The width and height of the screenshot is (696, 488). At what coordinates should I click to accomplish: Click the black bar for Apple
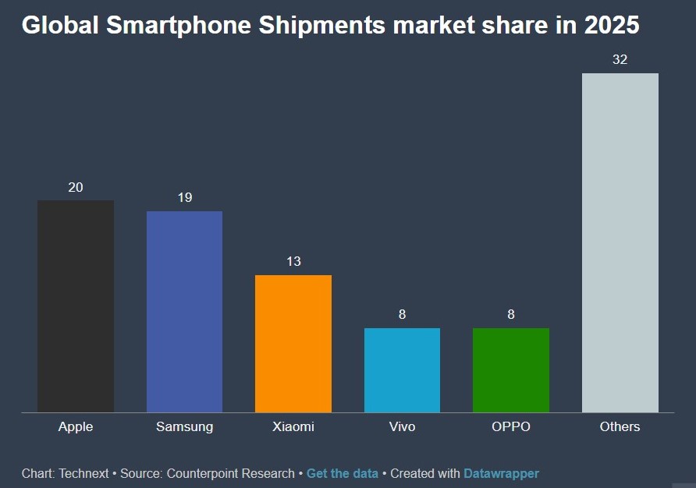(76, 306)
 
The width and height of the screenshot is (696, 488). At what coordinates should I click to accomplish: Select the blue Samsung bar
(184, 312)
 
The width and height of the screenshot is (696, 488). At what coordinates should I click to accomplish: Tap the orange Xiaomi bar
(293, 344)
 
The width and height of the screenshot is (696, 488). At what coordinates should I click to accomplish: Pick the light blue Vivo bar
(402, 370)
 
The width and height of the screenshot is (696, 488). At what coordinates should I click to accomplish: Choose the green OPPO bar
(511, 370)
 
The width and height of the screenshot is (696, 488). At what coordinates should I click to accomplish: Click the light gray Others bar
(620, 242)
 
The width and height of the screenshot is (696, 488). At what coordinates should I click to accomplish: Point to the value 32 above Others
(620, 59)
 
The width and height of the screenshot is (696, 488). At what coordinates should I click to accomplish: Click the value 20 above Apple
(76, 187)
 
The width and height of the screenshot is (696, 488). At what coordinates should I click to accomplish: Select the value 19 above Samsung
(184, 198)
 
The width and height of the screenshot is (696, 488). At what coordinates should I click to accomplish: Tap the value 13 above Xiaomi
(293, 261)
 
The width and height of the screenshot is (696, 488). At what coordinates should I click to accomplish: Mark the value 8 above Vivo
(402, 315)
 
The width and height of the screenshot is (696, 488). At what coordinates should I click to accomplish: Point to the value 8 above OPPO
(511, 315)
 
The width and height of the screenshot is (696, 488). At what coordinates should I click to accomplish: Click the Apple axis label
(76, 426)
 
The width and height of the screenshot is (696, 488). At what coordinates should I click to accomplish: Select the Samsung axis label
(184, 426)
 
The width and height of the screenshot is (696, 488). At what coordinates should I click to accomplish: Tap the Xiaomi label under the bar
(293, 426)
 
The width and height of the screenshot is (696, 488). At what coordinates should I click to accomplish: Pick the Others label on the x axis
(620, 426)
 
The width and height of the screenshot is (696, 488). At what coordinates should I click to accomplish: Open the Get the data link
(342, 473)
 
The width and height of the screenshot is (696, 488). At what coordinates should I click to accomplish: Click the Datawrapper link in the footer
(501, 473)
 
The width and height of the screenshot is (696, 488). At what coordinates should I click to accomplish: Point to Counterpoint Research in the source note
(230, 473)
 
